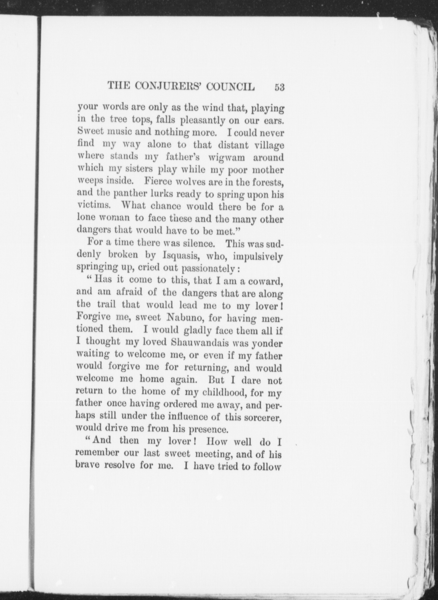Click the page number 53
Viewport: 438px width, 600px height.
(x=280, y=87)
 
